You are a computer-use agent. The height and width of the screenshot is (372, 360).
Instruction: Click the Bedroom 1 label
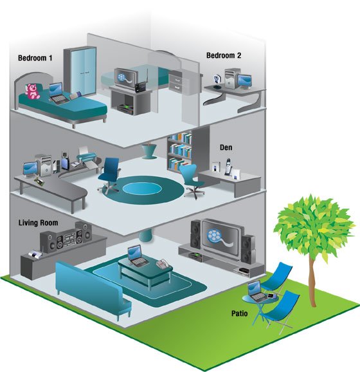(35, 58)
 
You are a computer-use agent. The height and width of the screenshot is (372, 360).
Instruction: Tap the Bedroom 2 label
(224, 55)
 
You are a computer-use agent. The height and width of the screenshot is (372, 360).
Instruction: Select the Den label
(226, 147)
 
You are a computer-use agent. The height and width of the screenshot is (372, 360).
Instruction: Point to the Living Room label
(38, 223)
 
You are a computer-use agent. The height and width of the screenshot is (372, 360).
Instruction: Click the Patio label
(239, 313)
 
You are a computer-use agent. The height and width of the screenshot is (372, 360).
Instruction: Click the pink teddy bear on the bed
(32, 91)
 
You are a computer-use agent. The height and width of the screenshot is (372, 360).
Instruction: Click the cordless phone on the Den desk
(228, 167)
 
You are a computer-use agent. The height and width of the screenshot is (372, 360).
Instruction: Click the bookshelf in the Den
(179, 152)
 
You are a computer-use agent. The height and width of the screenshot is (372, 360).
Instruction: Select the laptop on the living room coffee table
(136, 256)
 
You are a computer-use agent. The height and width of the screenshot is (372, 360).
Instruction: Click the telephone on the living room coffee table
(163, 263)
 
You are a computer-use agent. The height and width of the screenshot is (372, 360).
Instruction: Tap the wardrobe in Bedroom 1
(80, 71)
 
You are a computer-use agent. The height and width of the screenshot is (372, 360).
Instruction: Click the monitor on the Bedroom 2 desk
(244, 81)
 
